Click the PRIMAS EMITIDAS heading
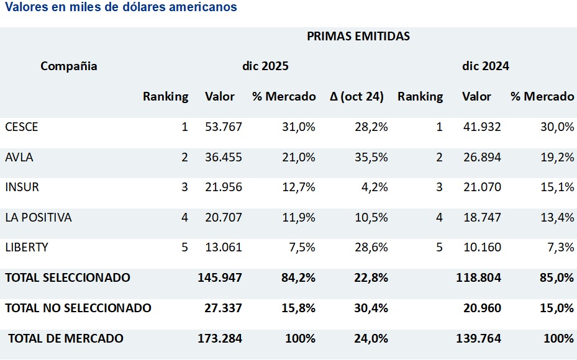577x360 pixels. tap(358, 36)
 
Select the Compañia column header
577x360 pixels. tap(69, 66)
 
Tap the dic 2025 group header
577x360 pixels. tap(265, 66)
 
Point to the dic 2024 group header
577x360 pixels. tap(485, 66)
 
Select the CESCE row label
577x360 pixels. tap(22, 127)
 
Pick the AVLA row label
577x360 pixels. tap(19, 157)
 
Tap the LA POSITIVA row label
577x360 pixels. tap(39, 217)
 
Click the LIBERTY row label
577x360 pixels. tap(27, 247)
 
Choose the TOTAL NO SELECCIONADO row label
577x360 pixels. tap(78, 308)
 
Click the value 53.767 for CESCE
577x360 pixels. tap(224, 127)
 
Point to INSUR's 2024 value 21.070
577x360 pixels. tap(481, 187)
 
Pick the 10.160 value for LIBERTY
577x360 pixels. tap(481, 247)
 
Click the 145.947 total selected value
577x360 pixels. tap(220, 277)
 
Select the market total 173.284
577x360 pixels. tap(220, 338)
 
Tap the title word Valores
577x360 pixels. tap(25, 7)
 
